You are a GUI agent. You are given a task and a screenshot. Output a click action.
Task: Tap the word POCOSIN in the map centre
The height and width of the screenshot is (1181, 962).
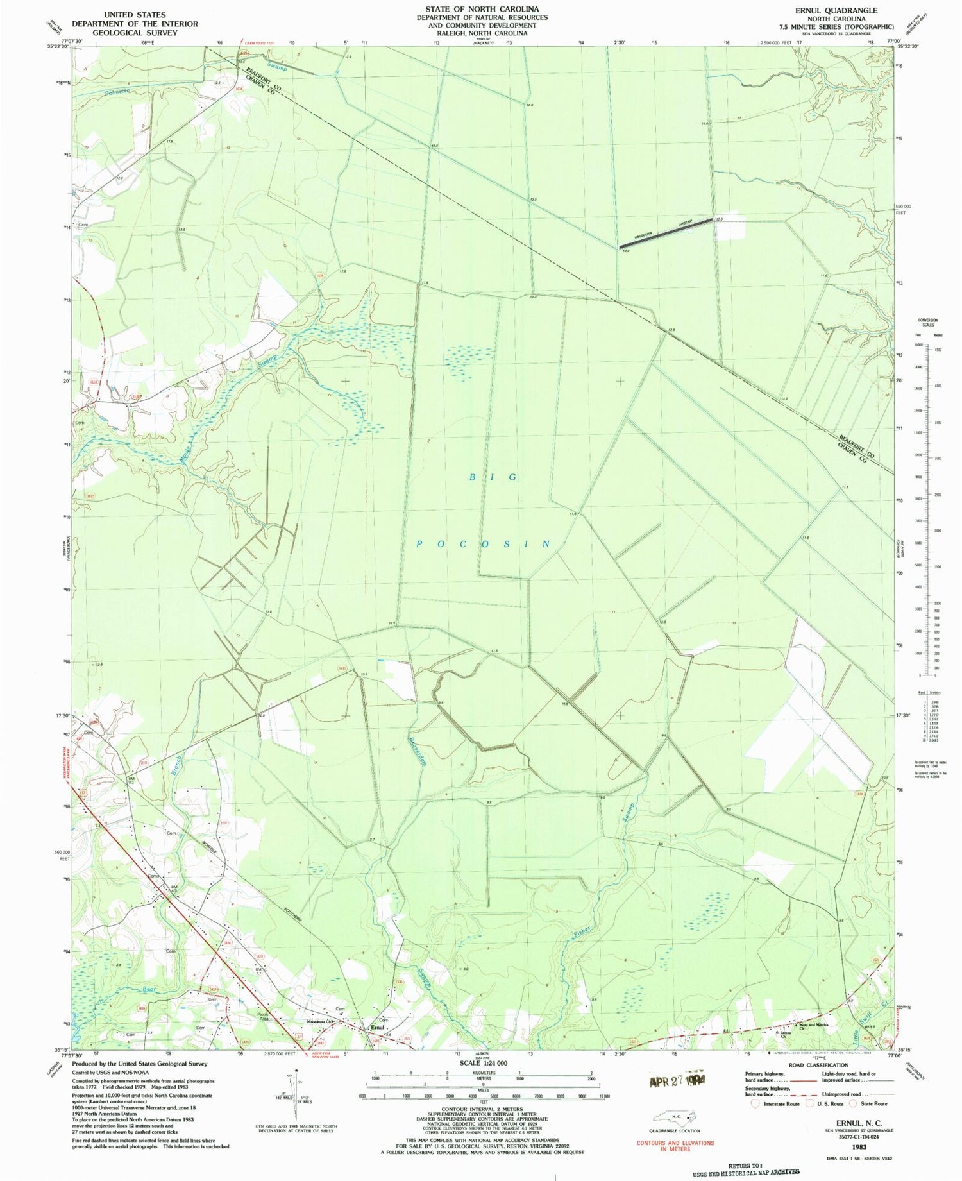click(483, 544)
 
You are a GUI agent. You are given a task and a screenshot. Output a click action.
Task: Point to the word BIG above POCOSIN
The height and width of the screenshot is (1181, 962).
click(493, 477)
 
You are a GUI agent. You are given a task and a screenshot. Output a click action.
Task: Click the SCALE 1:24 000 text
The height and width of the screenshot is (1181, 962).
click(484, 1063)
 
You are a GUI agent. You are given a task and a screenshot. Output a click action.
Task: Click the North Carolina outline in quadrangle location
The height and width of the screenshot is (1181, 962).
click(673, 1117)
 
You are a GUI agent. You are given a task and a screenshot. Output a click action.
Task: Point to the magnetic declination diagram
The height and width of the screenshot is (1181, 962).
click(294, 1100)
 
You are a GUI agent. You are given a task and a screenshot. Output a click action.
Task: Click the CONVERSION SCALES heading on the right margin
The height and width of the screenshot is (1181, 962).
click(927, 322)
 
